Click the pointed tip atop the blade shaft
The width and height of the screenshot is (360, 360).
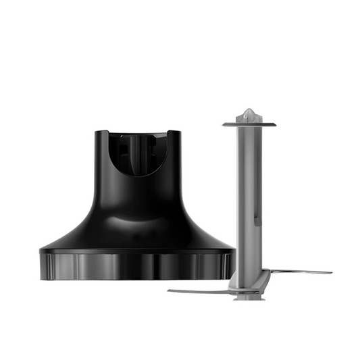[x=249, y=110]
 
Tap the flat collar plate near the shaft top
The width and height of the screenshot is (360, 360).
[x=249, y=123]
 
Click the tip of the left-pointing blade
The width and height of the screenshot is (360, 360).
[x=170, y=292]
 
